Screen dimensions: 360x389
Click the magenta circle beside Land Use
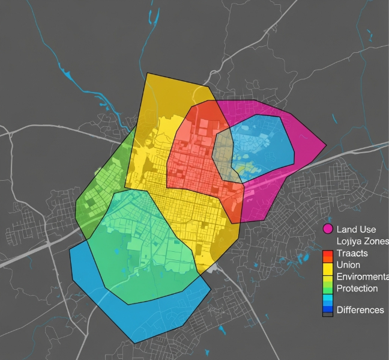coord(328,229)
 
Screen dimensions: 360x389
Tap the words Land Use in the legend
coord(356,229)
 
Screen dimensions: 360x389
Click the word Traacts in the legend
coord(352,253)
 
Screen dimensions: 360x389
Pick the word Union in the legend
coord(349,265)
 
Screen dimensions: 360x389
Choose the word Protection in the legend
coord(357,288)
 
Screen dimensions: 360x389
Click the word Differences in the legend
coord(360,310)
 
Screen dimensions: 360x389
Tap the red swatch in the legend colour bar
coord(328,254)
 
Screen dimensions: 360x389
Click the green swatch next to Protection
coord(328,288)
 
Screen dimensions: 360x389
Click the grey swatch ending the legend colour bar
coord(328,314)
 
